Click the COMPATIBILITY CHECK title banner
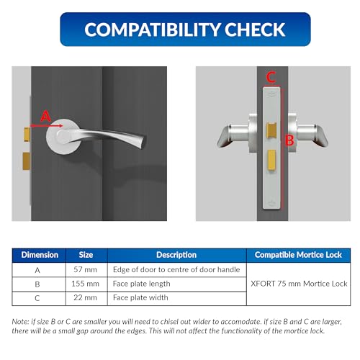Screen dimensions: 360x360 tap(185, 30)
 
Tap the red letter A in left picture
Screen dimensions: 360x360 tap(45, 115)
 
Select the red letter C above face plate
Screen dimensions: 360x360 tap(271, 76)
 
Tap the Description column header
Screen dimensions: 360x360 tap(176, 255)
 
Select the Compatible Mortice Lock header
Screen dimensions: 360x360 tap(299, 255)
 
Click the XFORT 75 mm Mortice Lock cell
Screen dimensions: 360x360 tap(299, 284)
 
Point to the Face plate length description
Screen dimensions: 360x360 tap(142, 284)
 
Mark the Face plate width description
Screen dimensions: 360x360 tap(140, 298)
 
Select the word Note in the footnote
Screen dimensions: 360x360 tap(21, 320)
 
